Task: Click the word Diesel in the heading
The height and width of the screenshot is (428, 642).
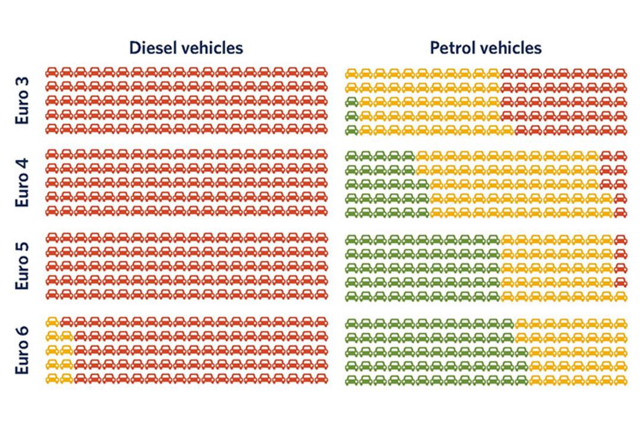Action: click(x=150, y=48)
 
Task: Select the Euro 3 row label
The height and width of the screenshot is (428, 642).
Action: click(x=22, y=100)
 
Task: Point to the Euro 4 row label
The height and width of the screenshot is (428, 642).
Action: click(x=22, y=182)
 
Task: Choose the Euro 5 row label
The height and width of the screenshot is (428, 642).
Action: click(x=22, y=266)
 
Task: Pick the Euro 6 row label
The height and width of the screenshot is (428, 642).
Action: click(x=22, y=350)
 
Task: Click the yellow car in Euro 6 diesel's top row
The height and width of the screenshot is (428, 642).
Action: click(x=52, y=322)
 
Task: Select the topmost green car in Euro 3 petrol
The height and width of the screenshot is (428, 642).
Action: click(x=352, y=102)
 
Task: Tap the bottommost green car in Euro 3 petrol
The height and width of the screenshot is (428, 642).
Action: click(x=352, y=130)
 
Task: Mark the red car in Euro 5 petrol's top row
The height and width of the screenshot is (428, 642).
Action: click(x=620, y=239)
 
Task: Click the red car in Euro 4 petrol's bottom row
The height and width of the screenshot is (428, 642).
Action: click(x=620, y=213)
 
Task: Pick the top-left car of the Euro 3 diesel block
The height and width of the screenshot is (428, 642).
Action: click(x=52, y=73)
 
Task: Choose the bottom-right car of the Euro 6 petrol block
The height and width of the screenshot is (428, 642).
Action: click(x=620, y=380)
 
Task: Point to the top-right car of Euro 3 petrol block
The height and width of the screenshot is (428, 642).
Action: click(x=620, y=74)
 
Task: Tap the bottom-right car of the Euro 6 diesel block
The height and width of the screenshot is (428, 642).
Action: click(x=322, y=379)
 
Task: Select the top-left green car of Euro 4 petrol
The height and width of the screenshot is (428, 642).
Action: click(x=352, y=156)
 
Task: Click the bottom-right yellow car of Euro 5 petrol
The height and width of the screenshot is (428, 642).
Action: click(x=620, y=296)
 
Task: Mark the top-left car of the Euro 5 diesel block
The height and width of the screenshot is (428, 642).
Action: click(x=52, y=238)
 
